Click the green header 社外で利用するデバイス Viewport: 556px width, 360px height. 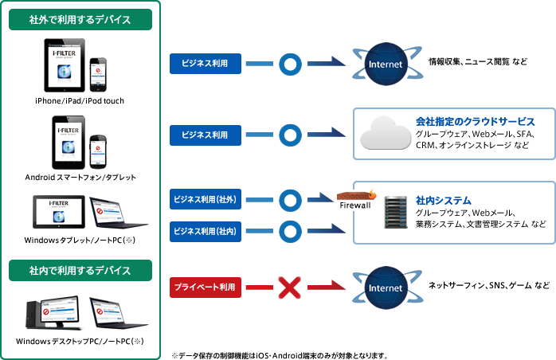[x=80, y=19]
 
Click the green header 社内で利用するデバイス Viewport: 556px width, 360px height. [x=80, y=271]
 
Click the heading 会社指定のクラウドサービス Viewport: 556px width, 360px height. [x=475, y=121]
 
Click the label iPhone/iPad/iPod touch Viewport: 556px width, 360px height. [x=80, y=101]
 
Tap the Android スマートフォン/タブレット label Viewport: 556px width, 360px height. [x=80, y=177]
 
